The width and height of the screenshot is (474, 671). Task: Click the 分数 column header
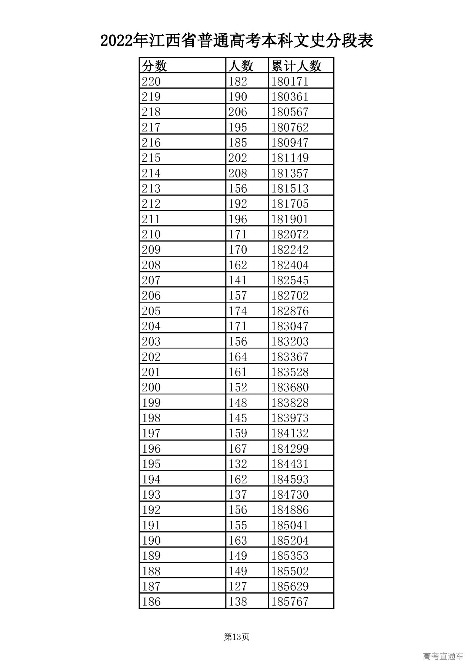pyautogui.click(x=154, y=66)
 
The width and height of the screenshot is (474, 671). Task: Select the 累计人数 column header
pyautogui.click(x=296, y=66)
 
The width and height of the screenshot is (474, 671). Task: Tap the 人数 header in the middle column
pyautogui.click(x=241, y=66)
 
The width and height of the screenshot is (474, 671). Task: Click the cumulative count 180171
pyautogui.click(x=290, y=82)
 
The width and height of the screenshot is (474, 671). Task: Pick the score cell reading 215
pyautogui.click(x=151, y=158)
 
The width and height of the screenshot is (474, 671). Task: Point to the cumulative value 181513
pyautogui.click(x=290, y=189)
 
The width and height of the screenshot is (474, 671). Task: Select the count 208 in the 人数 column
pyautogui.click(x=237, y=173)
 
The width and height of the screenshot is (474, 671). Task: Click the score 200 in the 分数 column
pyautogui.click(x=151, y=387)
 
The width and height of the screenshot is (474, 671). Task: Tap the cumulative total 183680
pyautogui.click(x=290, y=387)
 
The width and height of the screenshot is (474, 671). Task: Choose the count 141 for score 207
pyautogui.click(x=237, y=280)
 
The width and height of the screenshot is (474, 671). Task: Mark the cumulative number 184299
pyautogui.click(x=290, y=449)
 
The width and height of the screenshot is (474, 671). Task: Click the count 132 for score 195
pyautogui.click(x=237, y=464)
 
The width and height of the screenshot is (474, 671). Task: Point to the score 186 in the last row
pyautogui.click(x=151, y=601)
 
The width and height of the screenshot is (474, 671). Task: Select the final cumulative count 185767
pyautogui.click(x=290, y=601)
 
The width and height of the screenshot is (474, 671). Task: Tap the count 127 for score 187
pyautogui.click(x=237, y=586)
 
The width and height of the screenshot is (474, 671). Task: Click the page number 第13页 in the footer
pyautogui.click(x=237, y=637)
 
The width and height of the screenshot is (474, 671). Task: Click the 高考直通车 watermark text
pyautogui.click(x=443, y=657)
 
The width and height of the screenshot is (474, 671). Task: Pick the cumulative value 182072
pyautogui.click(x=290, y=234)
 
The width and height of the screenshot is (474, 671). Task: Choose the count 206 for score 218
pyautogui.click(x=237, y=112)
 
